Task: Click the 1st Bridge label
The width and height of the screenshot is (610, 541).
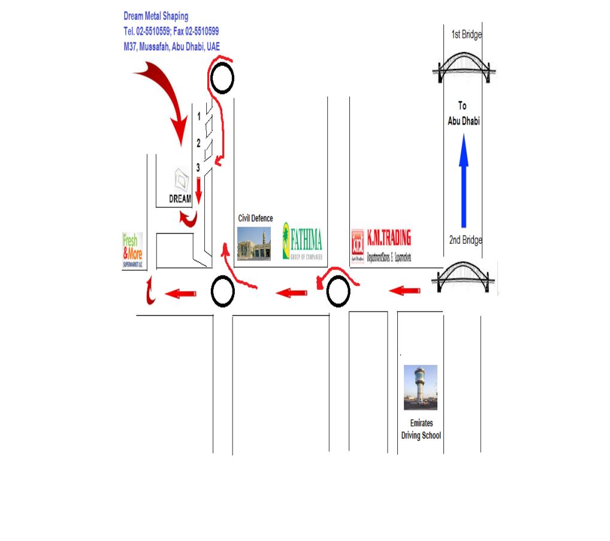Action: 466,35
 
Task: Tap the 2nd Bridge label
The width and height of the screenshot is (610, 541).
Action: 466,240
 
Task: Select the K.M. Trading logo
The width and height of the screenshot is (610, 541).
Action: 382,246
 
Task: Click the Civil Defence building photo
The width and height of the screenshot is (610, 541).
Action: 254,243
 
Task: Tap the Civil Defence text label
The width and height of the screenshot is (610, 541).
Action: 255,218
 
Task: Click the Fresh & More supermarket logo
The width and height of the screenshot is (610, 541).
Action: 132,250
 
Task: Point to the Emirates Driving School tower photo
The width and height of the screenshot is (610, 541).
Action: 420,388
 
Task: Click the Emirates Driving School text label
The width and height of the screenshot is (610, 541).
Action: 421,430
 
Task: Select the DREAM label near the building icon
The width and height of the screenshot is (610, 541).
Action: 180,199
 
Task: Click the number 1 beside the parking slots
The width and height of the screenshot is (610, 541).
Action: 199,117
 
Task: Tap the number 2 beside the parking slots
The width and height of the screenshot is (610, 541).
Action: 198,143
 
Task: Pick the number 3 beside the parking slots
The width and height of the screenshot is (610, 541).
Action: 197,168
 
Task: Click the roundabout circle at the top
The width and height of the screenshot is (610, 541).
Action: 222,78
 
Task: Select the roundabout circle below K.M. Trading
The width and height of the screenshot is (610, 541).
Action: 338,292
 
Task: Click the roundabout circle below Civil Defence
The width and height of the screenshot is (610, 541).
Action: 223,292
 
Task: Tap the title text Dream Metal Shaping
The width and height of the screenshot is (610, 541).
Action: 156,16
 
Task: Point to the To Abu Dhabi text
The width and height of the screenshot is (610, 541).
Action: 463,113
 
